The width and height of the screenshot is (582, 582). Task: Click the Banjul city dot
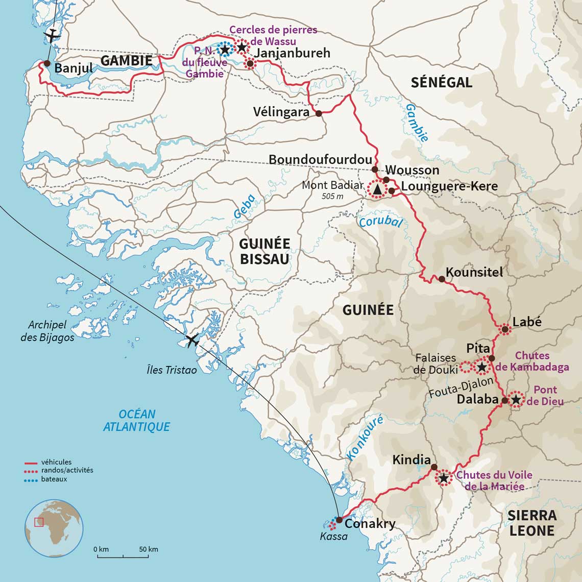[x=47, y=64]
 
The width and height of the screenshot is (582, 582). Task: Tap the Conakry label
[x=370, y=524]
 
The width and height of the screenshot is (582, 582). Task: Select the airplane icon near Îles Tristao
[x=192, y=341]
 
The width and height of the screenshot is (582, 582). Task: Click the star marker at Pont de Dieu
[x=516, y=400]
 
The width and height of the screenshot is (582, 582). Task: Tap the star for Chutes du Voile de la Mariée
[x=444, y=478]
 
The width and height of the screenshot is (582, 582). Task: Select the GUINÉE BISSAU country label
[x=264, y=251]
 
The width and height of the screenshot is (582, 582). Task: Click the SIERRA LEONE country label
[x=531, y=523]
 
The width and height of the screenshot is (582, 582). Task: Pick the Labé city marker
[x=505, y=330]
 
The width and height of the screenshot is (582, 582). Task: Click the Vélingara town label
[x=281, y=112]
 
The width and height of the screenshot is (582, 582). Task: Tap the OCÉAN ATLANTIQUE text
[x=136, y=421]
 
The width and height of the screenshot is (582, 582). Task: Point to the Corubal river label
[x=380, y=222]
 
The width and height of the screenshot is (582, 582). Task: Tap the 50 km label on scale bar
[x=149, y=549]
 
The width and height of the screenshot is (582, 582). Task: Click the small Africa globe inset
[x=54, y=528]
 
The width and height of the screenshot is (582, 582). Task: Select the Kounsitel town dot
[x=441, y=279]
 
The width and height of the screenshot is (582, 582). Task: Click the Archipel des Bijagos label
[x=51, y=331]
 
